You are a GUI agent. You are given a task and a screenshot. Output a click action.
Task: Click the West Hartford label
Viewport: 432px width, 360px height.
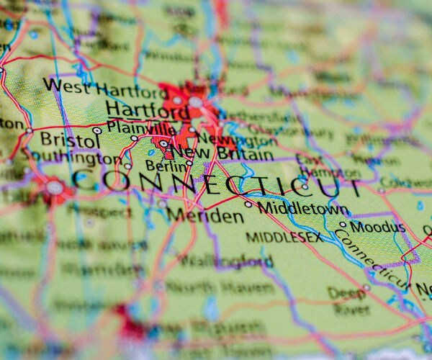pyautogui.click(x=104, y=90)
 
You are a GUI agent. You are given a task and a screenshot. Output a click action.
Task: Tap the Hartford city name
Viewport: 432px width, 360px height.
pyautogui.click(x=148, y=110)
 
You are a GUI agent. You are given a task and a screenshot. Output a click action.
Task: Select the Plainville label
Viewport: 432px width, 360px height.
pyautogui.click(x=140, y=127)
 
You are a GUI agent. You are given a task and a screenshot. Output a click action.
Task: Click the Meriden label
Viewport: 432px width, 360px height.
pyautogui.click(x=194, y=215)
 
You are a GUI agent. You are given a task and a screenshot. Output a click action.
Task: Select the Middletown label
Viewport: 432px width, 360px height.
pyautogui.click(x=302, y=208)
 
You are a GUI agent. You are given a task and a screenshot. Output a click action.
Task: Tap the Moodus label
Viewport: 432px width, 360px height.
pyautogui.click(x=377, y=228)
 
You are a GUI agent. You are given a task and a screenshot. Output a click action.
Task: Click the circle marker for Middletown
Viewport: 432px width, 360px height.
pyautogui.click(x=248, y=204)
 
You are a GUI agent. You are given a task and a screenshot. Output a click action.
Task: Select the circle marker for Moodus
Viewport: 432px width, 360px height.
pyautogui.click(x=343, y=225)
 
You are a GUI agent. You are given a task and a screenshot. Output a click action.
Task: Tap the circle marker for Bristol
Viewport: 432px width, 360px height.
pyautogui.click(x=97, y=130)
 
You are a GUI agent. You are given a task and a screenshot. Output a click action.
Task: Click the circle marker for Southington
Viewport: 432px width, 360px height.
pyautogui.click(x=127, y=166)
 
